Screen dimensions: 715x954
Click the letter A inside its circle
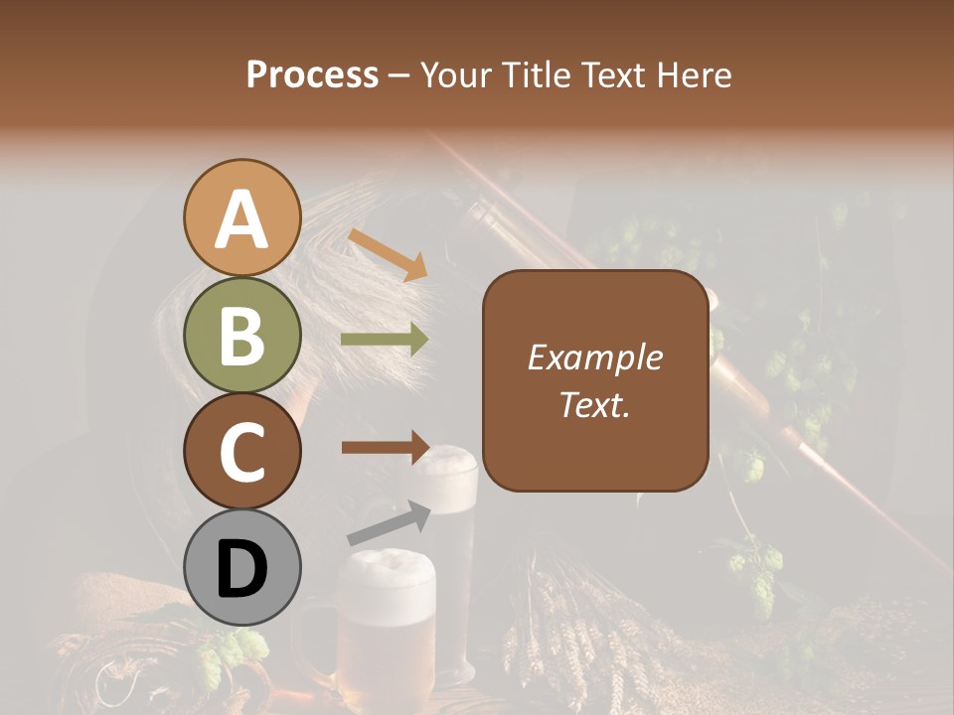(242, 219)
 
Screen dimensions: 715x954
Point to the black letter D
(242, 569)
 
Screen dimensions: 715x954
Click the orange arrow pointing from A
(388, 253)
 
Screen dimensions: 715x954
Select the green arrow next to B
(385, 340)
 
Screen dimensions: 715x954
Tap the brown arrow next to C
(385, 447)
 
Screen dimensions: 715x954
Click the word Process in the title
(312, 74)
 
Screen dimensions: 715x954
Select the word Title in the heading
(528, 74)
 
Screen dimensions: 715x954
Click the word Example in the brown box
(594, 358)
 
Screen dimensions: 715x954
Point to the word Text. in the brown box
(594, 404)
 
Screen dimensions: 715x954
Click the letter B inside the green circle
(242, 336)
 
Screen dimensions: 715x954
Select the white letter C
(242, 453)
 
